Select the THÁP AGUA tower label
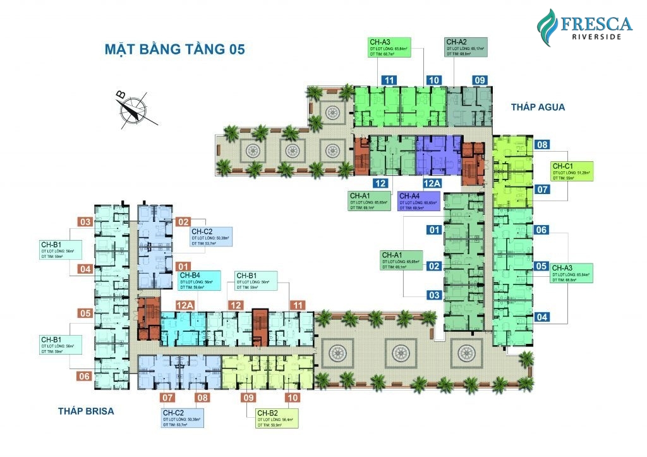(538, 107)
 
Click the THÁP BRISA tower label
(86, 411)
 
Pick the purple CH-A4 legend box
(419, 202)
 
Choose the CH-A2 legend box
(467, 48)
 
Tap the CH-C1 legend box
(572, 171)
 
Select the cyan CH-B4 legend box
(200, 281)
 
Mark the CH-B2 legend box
(276, 419)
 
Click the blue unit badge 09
(480, 80)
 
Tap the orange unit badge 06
(85, 377)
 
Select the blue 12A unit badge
(432, 183)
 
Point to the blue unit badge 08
(541, 145)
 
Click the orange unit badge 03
(85, 221)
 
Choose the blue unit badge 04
(541, 317)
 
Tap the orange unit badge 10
(293, 398)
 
